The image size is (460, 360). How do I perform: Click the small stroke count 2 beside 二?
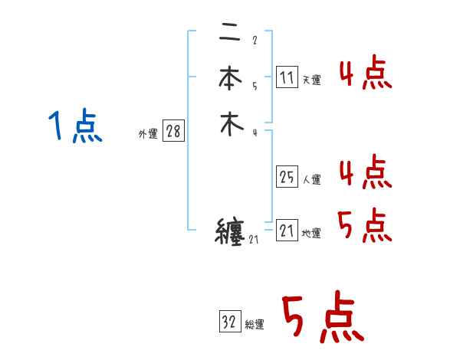254,41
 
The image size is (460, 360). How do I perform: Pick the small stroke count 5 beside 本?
254,86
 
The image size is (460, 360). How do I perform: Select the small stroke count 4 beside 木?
254,133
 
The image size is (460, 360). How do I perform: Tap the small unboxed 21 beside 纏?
255,241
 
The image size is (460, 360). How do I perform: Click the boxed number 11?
287,77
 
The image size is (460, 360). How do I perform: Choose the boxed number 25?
287,177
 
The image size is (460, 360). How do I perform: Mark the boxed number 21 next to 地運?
287,231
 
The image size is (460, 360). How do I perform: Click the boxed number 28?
173,132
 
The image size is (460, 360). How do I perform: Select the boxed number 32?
229,322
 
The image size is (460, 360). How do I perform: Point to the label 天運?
312,80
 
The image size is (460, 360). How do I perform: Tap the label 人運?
312,180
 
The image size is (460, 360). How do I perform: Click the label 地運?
312,234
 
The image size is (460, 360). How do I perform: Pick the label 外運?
147,134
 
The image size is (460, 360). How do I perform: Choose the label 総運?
255,325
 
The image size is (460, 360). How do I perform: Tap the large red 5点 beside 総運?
322,319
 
